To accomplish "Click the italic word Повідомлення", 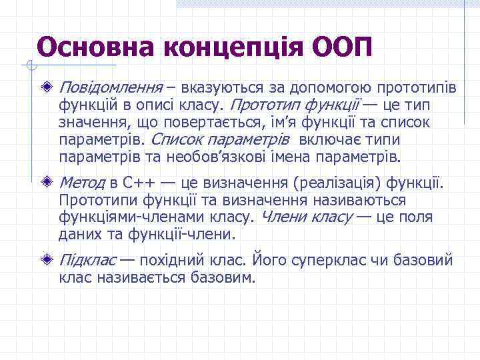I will [111, 88].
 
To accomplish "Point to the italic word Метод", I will [82, 183].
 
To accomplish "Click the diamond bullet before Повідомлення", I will [45, 87].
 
